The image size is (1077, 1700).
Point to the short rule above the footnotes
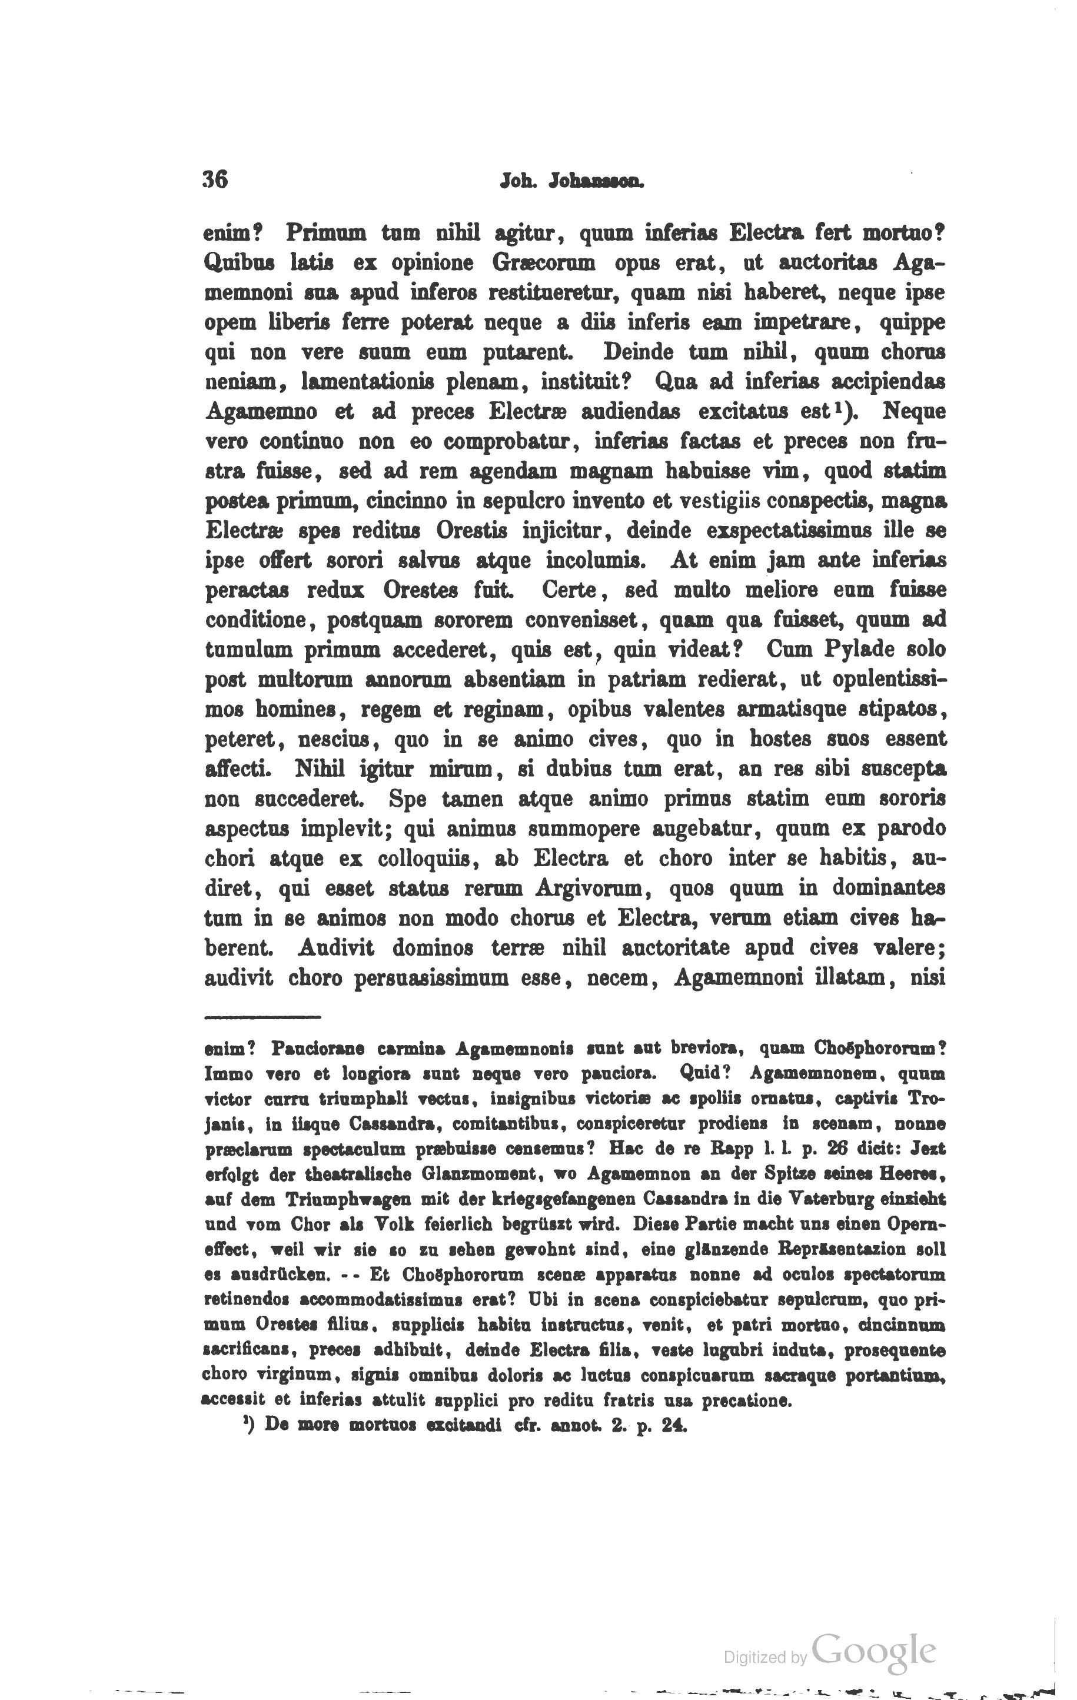click(262, 1017)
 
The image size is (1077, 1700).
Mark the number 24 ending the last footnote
click(674, 1425)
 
